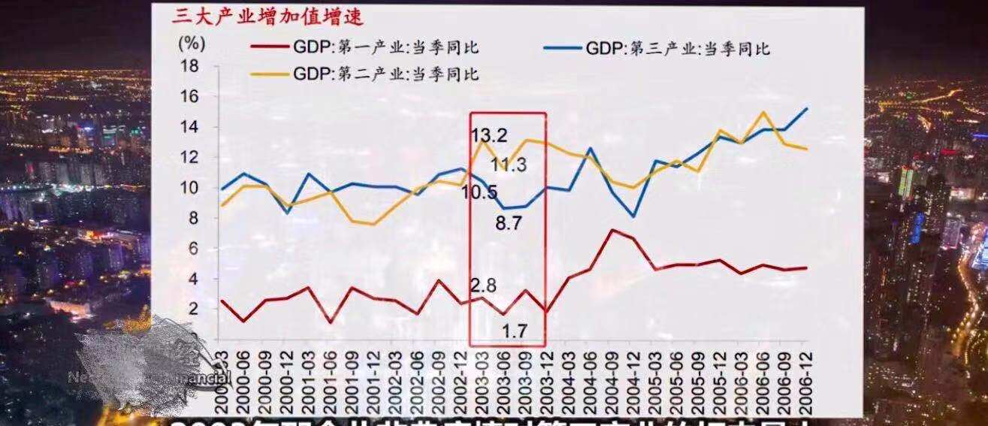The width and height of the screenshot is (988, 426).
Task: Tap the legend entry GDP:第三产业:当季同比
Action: [x=677, y=50]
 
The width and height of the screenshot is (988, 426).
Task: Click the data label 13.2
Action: [x=489, y=135]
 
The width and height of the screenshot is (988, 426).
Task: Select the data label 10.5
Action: [x=479, y=192]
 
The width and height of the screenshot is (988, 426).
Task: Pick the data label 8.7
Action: [x=518, y=222]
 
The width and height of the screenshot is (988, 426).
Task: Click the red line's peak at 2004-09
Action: [x=612, y=230]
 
